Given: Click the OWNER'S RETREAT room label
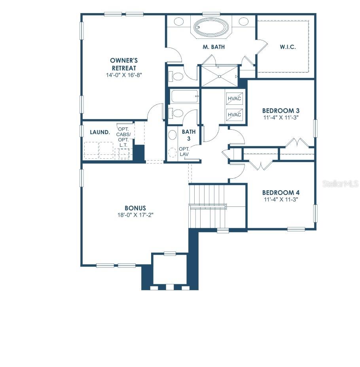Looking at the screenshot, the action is [124, 64].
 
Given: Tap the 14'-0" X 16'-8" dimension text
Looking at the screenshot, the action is [124, 75].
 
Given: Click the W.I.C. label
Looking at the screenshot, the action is [288, 47].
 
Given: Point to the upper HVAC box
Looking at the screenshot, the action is [234, 98].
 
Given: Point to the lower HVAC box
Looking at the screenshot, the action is [234, 115].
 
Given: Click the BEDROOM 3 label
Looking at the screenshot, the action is [280, 110].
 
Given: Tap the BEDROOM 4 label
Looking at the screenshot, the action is [280, 193].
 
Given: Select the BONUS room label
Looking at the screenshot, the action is [135, 208].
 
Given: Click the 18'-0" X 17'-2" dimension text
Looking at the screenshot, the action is [135, 215].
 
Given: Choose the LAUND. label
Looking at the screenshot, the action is [100, 132].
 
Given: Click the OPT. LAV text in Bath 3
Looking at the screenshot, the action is [184, 152].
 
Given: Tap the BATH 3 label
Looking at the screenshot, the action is [189, 135].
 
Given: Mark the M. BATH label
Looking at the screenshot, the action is [214, 47].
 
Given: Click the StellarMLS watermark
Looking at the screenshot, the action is [341, 184].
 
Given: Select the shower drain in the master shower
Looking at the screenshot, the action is [219, 76].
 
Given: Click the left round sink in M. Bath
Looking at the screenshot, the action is [179, 21].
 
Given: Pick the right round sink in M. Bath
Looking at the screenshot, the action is [243, 21].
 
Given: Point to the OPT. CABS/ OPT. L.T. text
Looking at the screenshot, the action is [123, 137].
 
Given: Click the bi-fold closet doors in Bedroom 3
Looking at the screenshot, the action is [297, 142].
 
